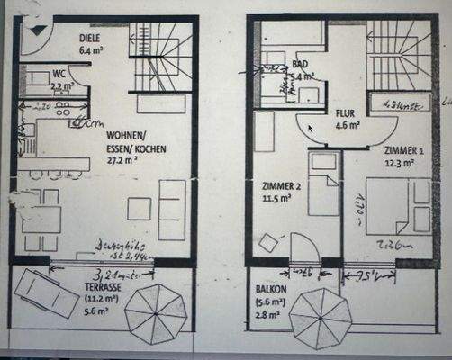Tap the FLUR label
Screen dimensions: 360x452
pos(347,114)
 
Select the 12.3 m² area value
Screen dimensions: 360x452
pos(398,163)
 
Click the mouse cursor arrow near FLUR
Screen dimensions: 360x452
pos(312,129)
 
